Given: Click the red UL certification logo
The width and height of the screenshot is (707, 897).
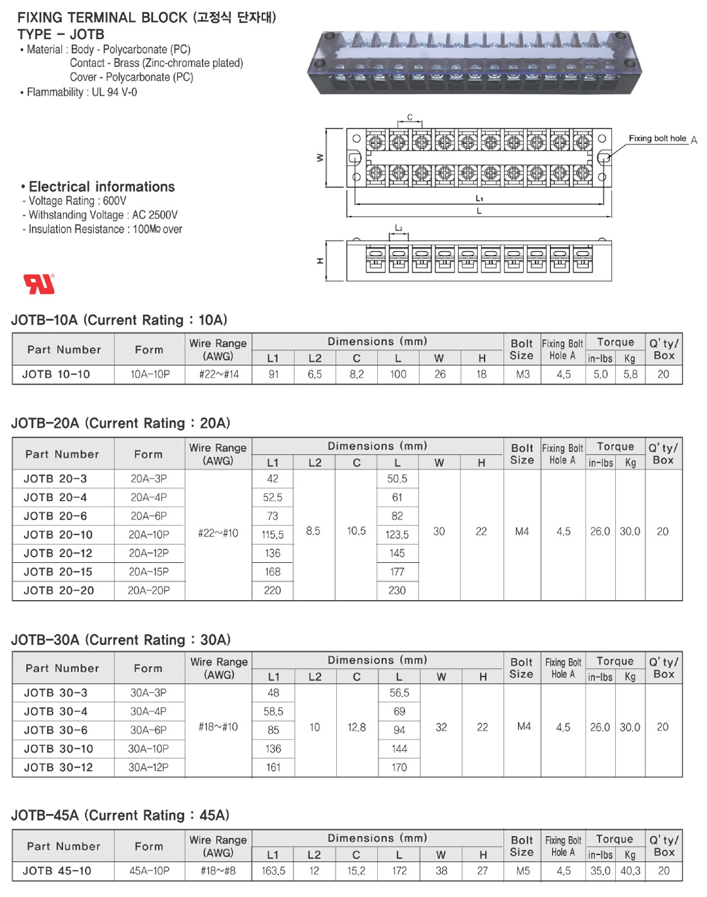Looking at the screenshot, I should [39, 283].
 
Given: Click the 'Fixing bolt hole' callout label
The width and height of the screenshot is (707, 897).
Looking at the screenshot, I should [657, 138].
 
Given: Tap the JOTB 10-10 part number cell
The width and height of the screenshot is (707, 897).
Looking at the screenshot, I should [56, 374].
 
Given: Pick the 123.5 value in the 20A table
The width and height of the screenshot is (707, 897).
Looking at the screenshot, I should [397, 534].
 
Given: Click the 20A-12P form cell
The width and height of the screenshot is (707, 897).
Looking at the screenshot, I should [148, 553].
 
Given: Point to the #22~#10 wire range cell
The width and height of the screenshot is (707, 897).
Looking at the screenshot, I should [218, 533].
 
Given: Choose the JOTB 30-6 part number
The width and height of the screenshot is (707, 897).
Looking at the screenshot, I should [55, 730].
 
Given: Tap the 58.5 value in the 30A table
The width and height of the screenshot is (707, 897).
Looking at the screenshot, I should [273, 711].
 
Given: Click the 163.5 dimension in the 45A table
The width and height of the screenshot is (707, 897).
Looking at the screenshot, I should [273, 871].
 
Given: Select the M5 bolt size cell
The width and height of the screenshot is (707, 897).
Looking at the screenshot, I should [523, 871].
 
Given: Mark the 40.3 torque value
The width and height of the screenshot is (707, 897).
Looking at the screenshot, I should [630, 871].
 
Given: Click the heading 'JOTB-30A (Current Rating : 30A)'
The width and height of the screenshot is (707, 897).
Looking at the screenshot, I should [121, 639].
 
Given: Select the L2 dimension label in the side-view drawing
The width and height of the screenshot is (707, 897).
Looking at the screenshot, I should [398, 227].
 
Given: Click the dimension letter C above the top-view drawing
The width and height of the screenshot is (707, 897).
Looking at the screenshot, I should [409, 117].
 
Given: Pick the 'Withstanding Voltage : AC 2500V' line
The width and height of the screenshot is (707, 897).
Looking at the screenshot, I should [103, 215].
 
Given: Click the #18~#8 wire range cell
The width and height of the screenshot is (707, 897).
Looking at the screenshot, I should [218, 871].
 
